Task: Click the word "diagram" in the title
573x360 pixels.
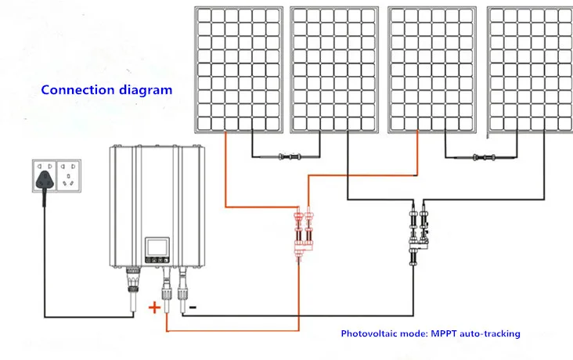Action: pos(142,89)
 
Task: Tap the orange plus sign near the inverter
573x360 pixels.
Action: pos(154,308)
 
